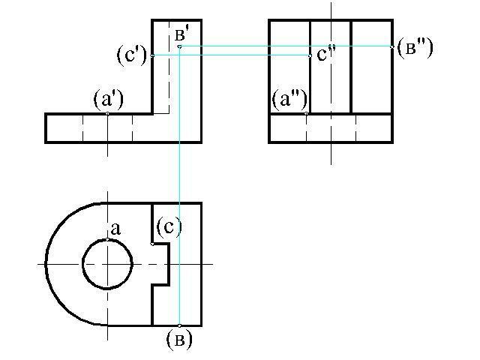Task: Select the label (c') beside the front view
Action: pyautogui.click(x=132, y=55)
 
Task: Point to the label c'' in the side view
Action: pyautogui.click(x=326, y=53)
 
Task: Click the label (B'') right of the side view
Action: pyautogui.click(x=415, y=48)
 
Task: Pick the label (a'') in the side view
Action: pyautogui.click(x=289, y=100)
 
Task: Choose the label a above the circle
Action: pyautogui.click(x=115, y=229)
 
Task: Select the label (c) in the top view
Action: pyautogui.click(x=169, y=226)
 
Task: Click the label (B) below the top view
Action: pyautogui.click(x=179, y=340)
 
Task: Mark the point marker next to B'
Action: pyautogui.click(x=179, y=46)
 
